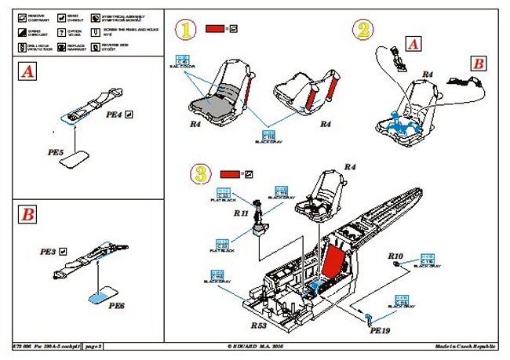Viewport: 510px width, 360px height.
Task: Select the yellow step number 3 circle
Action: click(201, 173)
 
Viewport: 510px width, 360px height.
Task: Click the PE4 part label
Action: click(114, 115)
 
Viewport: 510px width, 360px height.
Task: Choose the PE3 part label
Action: click(48, 253)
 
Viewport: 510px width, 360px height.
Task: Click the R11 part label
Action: click(241, 212)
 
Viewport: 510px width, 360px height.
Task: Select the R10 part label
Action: click(395, 257)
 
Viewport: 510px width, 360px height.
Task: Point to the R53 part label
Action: click(259, 323)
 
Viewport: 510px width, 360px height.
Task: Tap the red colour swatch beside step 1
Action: click(214, 29)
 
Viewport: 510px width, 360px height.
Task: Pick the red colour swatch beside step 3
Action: click(231, 173)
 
